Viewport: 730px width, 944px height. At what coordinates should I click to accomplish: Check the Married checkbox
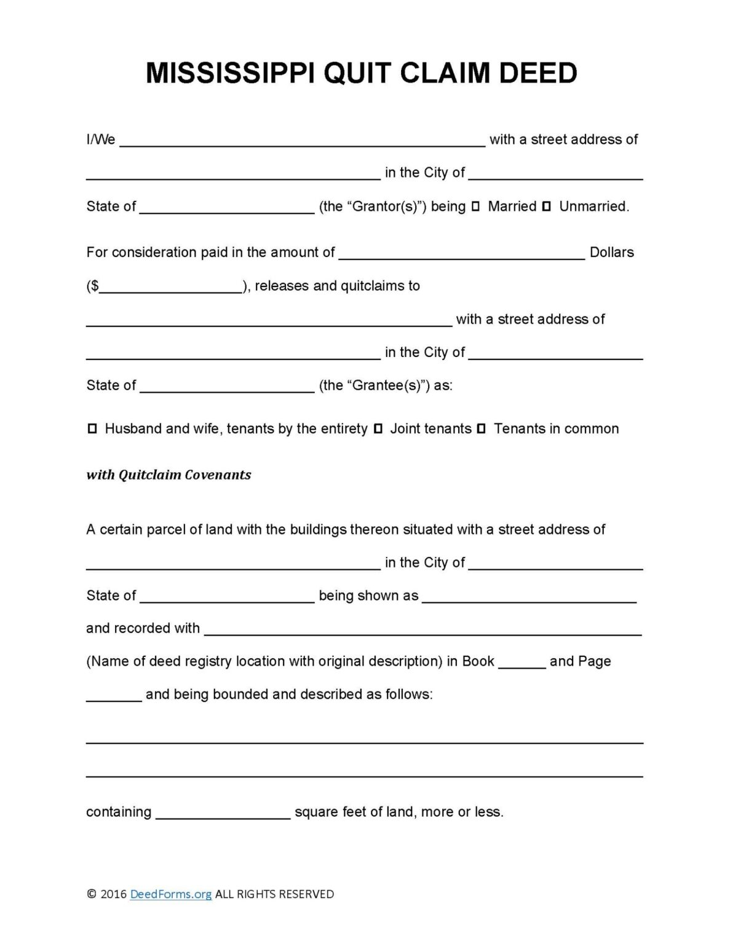(x=475, y=206)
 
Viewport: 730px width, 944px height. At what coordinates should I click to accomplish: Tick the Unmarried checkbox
(x=546, y=206)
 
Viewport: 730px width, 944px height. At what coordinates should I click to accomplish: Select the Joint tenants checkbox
(x=378, y=428)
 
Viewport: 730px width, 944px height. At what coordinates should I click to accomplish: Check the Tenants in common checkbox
(x=482, y=428)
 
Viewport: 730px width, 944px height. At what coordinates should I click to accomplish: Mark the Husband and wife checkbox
(x=92, y=428)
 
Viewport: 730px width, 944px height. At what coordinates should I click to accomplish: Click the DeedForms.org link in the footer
(x=170, y=894)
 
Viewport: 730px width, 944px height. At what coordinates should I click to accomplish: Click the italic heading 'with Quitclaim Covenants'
(x=169, y=474)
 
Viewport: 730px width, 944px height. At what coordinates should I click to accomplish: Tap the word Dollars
(x=611, y=252)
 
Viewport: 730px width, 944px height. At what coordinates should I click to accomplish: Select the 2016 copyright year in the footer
(x=113, y=894)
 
